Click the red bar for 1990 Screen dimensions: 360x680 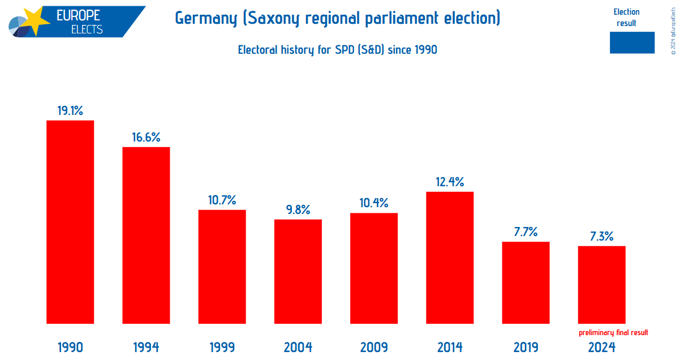(70, 222)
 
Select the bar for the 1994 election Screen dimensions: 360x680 (146, 235)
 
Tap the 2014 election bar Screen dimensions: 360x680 (450, 258)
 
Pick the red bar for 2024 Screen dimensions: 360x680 (601, 285)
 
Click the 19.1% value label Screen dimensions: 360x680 (70, 111)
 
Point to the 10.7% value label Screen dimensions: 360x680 (222, 200)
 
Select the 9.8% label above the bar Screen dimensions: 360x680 (298, 210)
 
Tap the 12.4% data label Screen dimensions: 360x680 (450, 182)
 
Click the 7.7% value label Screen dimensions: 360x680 (526, 232)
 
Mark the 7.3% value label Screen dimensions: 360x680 (601, 236)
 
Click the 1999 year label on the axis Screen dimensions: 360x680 (222, 347)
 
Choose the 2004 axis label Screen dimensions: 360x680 (298, 347)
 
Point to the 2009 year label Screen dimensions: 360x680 (374, 347)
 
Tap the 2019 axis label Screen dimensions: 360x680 (526, 347)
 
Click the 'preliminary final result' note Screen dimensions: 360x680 (613, 333)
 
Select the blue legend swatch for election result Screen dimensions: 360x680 (632, 42)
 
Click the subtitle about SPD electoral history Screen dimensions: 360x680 (337, 50)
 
